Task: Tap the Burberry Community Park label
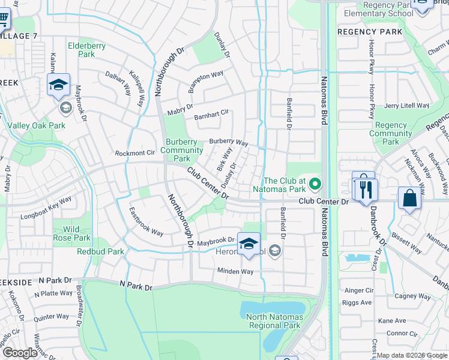184,150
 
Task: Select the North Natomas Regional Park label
274,321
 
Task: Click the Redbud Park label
100,251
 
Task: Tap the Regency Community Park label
390,133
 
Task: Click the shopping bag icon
409,199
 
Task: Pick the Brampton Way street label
205,82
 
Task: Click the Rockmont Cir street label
135,153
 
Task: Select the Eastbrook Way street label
146,221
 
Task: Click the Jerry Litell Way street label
406,106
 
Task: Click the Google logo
20,353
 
